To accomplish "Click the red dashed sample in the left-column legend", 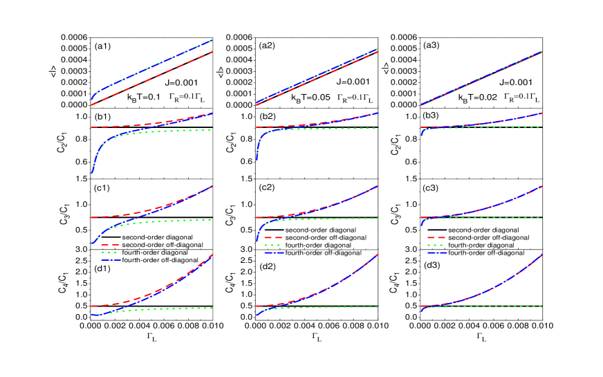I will (x=110, y=245).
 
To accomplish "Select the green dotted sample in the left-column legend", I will (x=110, y=252).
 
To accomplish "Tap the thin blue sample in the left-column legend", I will (x=110, y=261).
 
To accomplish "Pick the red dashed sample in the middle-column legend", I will (x=274, y=237).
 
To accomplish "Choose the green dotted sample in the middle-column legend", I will (x=274, y=245).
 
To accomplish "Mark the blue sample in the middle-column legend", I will (x=274, y=253).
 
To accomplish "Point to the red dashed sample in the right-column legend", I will (x=436, y=237).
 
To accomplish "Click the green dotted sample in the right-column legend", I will (x=436, y=245).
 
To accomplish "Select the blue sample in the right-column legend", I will (x=436, y=253).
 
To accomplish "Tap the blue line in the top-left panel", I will (x=152, y=66).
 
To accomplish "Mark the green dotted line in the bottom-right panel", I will (x=498, y=306).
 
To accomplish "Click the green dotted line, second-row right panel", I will (x=498, y=128).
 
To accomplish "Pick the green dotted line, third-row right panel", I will (x=498, y=218).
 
